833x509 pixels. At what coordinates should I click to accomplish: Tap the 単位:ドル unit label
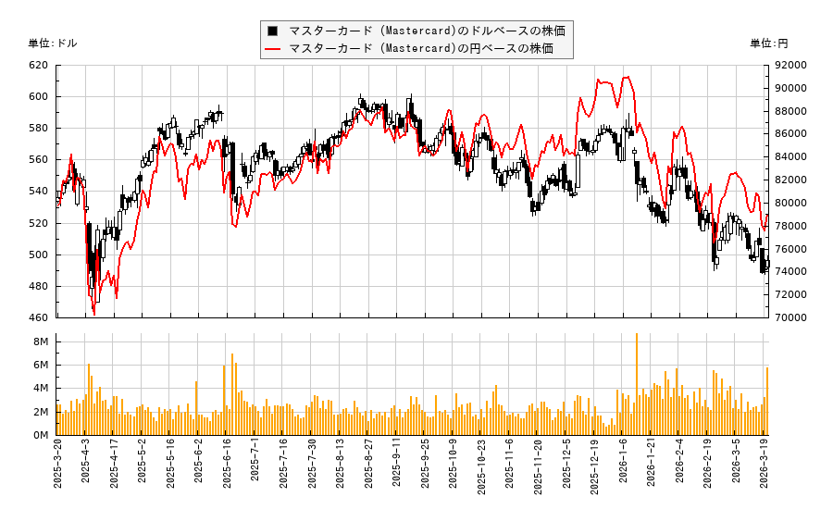53,43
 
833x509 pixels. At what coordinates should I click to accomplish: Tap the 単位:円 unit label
768,43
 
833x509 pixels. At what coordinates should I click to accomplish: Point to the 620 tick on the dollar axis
38,65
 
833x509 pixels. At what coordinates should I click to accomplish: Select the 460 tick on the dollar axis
38,317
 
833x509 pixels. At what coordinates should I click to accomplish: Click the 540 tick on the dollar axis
38,192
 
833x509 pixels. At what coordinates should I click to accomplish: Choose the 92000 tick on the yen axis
791,65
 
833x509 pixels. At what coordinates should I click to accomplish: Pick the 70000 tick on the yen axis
791,317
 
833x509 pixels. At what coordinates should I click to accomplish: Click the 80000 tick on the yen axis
791,203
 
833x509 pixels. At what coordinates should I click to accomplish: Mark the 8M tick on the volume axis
42,342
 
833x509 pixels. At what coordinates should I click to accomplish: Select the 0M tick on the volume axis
42,435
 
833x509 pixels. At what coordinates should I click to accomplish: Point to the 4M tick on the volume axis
42,389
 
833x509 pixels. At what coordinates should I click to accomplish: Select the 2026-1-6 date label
622,471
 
